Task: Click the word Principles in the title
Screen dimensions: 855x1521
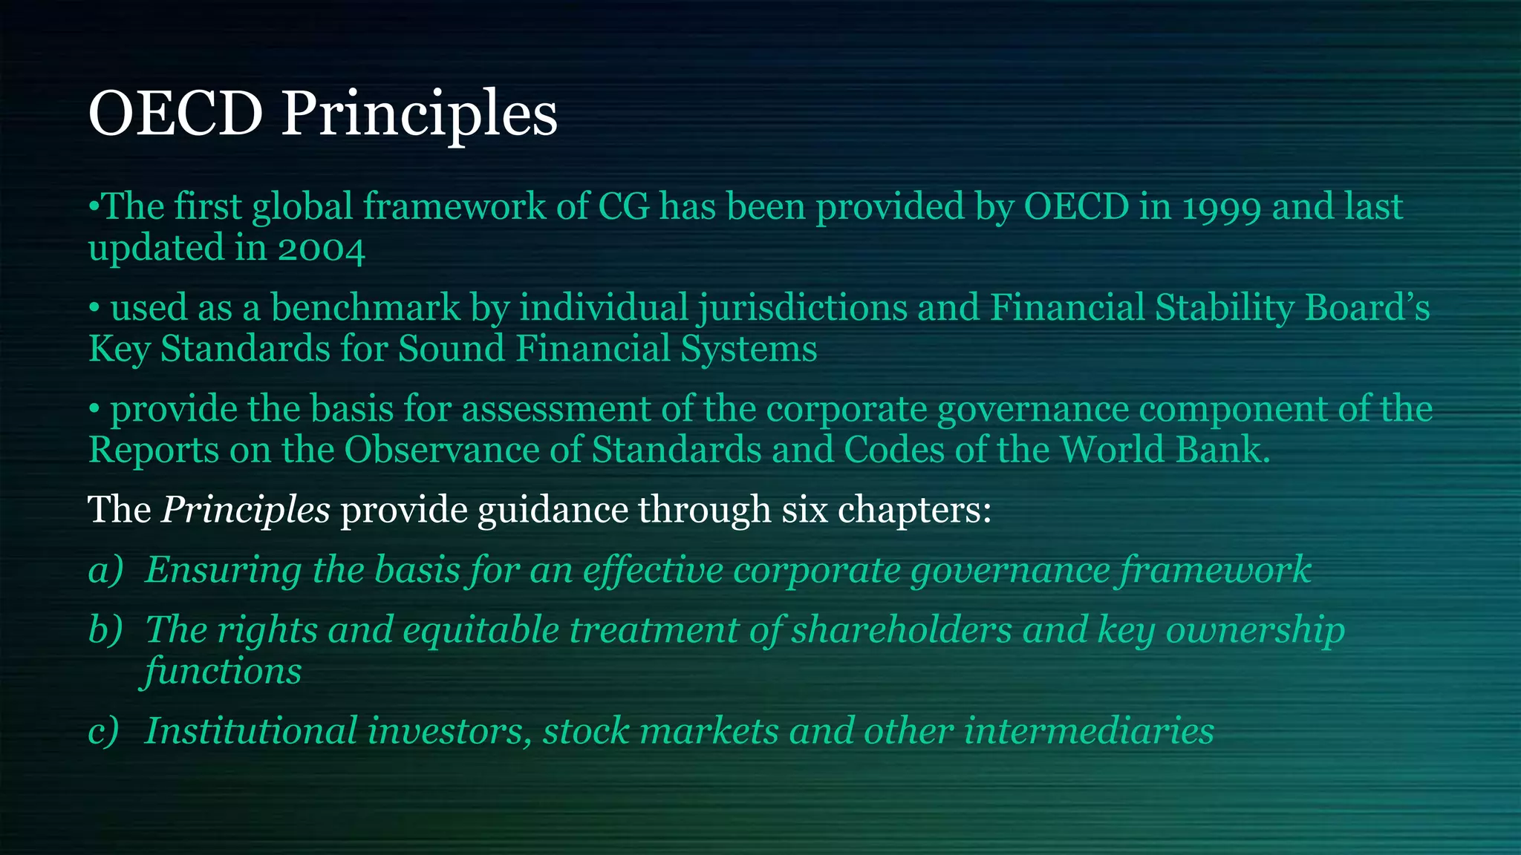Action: click(x=419, y=115)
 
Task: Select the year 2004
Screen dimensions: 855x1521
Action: click(x=322, y=249)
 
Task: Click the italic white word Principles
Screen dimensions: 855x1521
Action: click(x=246, y=511)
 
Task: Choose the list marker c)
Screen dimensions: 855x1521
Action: click(x=104, y=731)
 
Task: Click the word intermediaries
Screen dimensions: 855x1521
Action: click(x=1089, y=731)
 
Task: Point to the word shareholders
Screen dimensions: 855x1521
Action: click(x=901, y=630)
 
